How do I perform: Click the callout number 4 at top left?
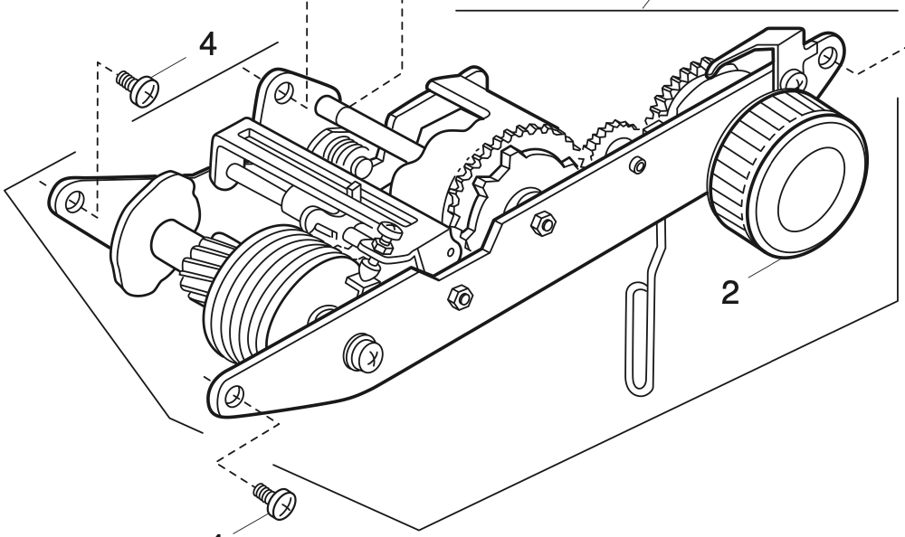coord(207,45)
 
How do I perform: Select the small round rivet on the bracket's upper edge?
coord(638,165)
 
